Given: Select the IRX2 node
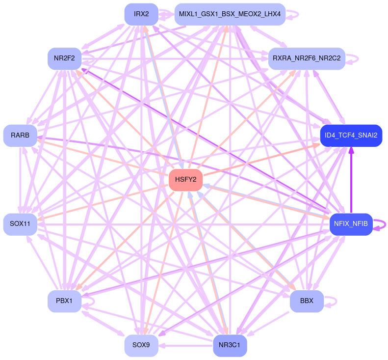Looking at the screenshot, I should pos(141,14).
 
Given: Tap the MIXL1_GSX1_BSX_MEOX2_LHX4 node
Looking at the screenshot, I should pos(230,14).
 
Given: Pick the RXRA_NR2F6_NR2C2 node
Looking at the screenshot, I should pos(307,58).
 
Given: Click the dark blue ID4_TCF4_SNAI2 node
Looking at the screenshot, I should pos(351,135).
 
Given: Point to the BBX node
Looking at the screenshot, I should pos(307,301).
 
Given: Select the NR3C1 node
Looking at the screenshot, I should pos(230,346).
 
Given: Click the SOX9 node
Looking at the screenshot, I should pos(141,346).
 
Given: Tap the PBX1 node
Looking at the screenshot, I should pos(64,301).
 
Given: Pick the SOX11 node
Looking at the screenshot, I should pos(20,224).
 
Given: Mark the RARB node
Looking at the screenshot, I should pos(20,135).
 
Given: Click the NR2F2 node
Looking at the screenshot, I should pos(64,58).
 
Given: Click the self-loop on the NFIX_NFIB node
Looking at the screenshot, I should pos(380,224).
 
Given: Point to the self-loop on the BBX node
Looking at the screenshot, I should pos(332,301).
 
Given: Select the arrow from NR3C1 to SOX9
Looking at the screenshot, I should pos(186,346).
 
